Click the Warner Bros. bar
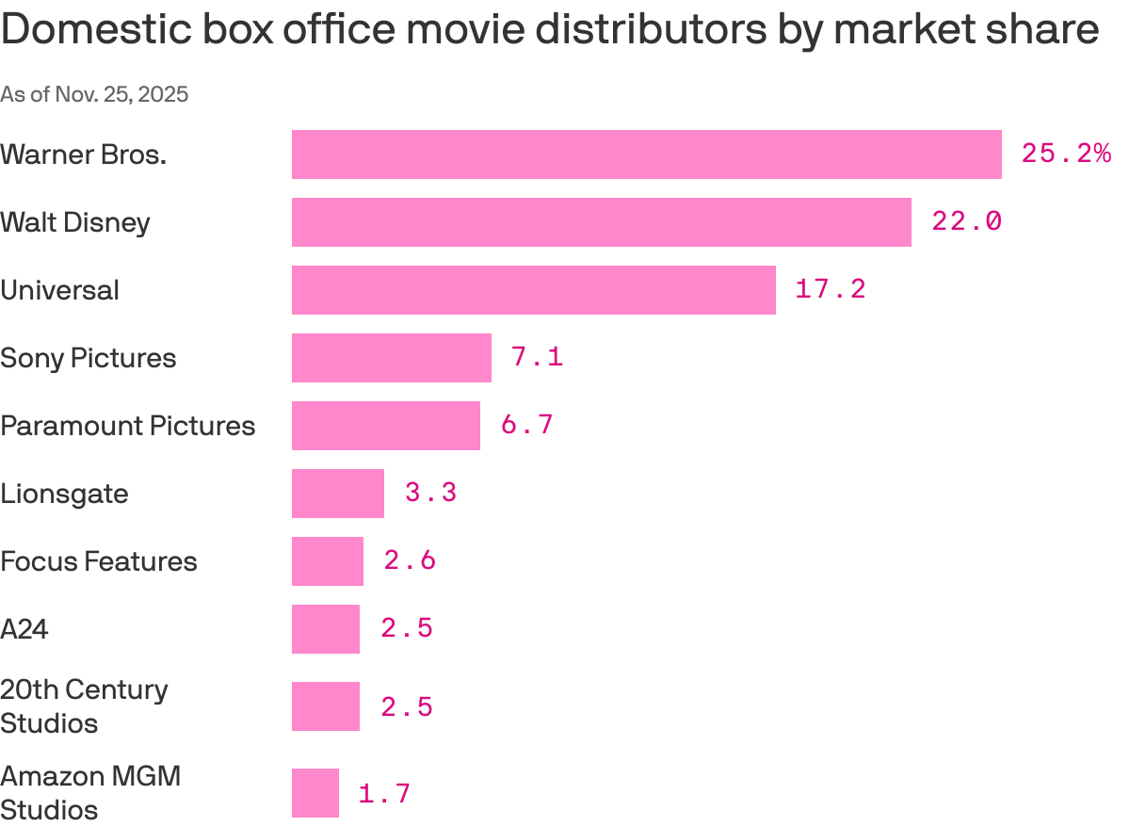(x=646, y=154)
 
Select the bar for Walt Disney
(x=601, y=222)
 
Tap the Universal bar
(x=533, y=290)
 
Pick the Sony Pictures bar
(x=391, y=358)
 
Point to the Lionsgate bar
(x=337, y=494)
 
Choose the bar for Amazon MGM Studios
(x=315, y=793)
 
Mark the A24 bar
(x=325, y=629)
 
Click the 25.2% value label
(x=1066, y=154)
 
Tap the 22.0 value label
(x=966, y=221)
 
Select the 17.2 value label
(x=830, y=289)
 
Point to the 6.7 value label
(x=526, y=425)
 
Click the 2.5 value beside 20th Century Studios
(x=407, y=707)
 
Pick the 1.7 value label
(x=384, y=794)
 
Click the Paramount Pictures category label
(x=127, y=426)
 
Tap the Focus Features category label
(x=99, y=561)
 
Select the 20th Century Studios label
(x=84, y=706)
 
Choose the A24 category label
(x=24, y=629)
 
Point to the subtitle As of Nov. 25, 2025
(x=94, y=94)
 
